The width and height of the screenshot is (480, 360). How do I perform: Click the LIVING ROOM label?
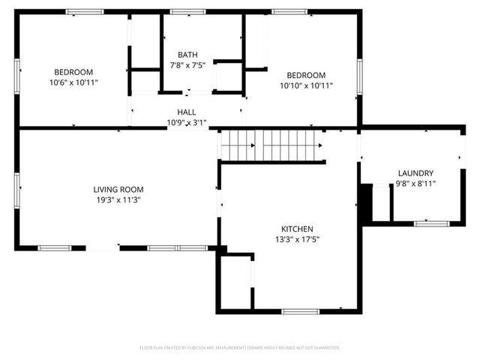tap(118, 190)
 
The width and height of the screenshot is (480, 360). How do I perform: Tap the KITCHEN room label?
tap(297, 229)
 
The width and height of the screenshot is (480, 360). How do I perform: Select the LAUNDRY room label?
tap(415, 173)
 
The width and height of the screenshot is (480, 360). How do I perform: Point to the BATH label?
tap(187, 55)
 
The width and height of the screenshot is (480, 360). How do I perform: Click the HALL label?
tap(187, 112)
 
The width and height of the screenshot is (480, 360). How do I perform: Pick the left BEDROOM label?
tap(73, 73)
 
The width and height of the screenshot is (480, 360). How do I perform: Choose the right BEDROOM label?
tap(307, 75)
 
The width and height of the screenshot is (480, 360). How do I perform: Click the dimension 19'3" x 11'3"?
tap(118, 200)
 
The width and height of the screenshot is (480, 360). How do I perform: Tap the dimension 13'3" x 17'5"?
tap(297, 239)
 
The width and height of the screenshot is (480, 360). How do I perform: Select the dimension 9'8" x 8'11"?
tap(415, 184)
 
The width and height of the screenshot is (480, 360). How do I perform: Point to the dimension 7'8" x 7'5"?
tap(187, 65)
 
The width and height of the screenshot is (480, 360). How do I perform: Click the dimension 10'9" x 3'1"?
tap(186, 122)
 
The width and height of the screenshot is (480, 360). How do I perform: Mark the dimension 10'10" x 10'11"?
tap(307, 85)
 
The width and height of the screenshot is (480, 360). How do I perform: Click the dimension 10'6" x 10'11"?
tap(73, 83)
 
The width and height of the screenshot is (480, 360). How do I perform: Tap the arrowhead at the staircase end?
tap(320, 145)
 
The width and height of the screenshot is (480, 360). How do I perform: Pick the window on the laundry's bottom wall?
tap(430, 223)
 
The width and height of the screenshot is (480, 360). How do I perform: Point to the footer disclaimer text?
tap(240, 348)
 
